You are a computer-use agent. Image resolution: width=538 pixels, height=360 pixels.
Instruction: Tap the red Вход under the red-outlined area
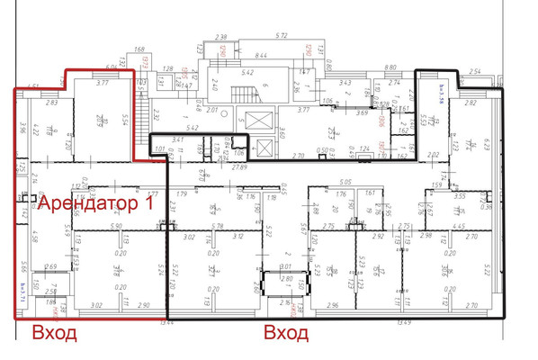[x=55, y=334]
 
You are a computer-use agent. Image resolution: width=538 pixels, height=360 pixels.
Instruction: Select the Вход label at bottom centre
[x=285, y=334]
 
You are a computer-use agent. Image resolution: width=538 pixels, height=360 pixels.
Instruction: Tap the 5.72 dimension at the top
[x=281, y=36]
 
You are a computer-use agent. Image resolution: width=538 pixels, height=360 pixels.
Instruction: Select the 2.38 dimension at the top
[x=222, y=36]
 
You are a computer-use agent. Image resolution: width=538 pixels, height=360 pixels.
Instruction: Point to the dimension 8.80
[x=390, y=67]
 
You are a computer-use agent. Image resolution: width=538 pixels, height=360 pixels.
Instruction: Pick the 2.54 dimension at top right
[x=476, y=69]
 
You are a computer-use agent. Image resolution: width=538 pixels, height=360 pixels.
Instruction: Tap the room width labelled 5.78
[x=216, y=226]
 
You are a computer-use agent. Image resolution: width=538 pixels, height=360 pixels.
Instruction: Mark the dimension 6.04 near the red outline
[x=112, y=67]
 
